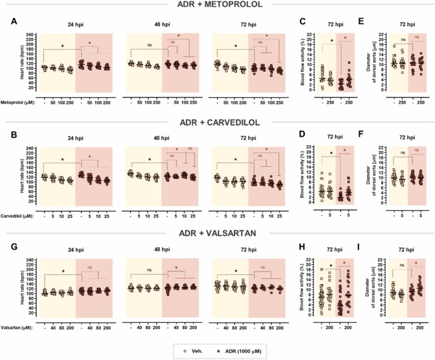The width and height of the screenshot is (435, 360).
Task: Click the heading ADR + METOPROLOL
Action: [x=218, y=5]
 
